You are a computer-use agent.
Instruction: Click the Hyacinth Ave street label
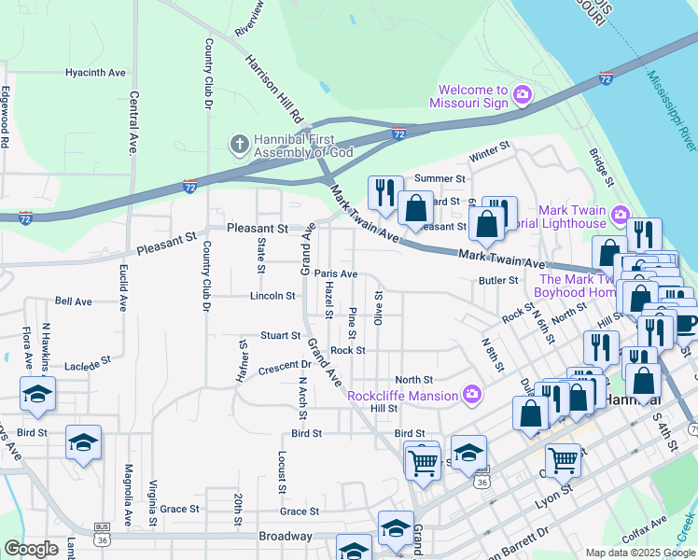click(x=95, y=72)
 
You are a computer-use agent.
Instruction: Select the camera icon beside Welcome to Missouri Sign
click(x=522, y=95)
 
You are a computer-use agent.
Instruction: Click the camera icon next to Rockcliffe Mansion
click(x=472, y=395)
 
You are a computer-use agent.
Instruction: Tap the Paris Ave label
click(x=336, y=273)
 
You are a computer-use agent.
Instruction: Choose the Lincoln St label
click(x=272, y=296)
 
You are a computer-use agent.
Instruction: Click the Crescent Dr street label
click(x=285, y=365)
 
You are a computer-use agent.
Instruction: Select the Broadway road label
click(x=286, y=536)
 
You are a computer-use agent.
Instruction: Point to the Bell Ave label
click(x=74, y=301)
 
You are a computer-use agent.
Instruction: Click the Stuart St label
click(x=281, y=335)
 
